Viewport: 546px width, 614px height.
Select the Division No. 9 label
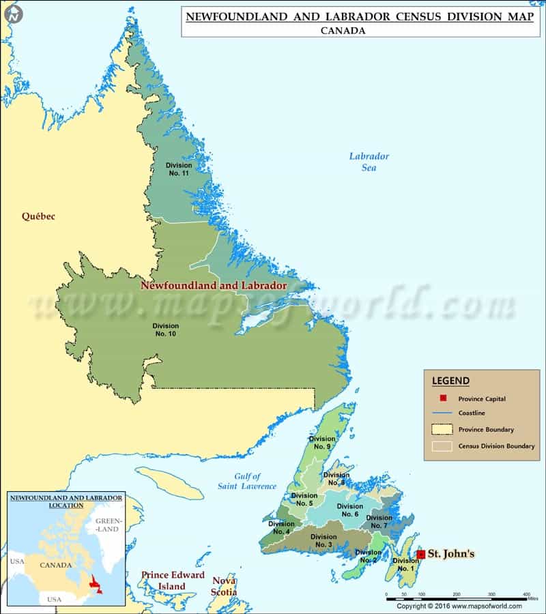pos(321,443)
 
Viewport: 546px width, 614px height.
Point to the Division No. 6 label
pos(350,510)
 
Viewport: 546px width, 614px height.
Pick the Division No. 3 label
pos(323,541)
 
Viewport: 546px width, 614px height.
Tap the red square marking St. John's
pos(421,554)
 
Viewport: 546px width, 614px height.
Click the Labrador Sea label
pos(369,162)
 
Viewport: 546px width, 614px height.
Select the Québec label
pos(38,217)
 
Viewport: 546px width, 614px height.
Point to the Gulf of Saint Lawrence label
pos(247,481)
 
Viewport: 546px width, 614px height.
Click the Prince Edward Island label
pos(173,581)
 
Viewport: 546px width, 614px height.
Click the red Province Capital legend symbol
pos(443,398)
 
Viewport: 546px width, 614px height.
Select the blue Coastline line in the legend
pos(443,413)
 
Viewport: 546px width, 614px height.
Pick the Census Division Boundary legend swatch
pos(443,446)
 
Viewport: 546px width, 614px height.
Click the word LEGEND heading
pos(450,381)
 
